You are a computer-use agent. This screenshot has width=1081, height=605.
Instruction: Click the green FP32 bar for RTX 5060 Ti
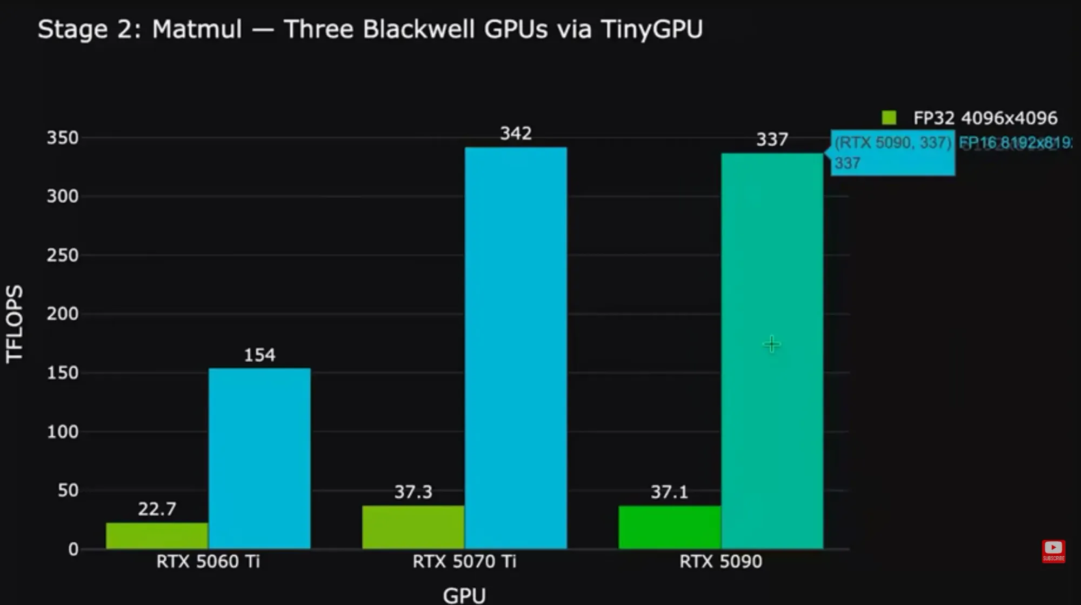(x=157, y=535)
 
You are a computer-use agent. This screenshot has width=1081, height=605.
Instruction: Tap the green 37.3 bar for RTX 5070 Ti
(x=413, y=527)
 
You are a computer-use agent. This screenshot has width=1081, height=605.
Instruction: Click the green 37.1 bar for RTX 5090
(x=669, y=527)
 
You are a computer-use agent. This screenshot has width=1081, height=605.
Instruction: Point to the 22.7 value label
(x=157, y=509)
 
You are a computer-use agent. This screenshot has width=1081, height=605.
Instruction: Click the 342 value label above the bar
(x=516, y=134)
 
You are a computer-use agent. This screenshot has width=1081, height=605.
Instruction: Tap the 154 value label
(x=259, y=355)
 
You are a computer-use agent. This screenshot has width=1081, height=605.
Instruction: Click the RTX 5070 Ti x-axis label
(x=464, y=561)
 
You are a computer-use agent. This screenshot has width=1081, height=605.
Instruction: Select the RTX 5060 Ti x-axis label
(x=208, y=561)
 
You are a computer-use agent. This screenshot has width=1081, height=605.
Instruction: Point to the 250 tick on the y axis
(x=63, y=255)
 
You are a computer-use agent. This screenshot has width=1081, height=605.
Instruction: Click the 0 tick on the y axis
(x=74, y=549)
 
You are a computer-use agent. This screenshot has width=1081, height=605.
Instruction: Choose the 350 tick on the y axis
(x=63, y=138)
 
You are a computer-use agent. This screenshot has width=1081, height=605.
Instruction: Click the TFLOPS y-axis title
(x=15, y=323)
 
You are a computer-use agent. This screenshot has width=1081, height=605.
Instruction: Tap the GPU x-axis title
(x=464, y=595)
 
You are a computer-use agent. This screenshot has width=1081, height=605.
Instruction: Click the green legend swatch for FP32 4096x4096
(x=889, y=117)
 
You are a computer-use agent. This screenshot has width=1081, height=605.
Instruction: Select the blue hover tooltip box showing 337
(x=892, y=152)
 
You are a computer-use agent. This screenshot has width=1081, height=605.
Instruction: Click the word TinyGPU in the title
(x=651, y=29)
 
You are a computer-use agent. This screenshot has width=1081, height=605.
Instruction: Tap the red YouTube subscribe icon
(x=1053, y=551)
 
